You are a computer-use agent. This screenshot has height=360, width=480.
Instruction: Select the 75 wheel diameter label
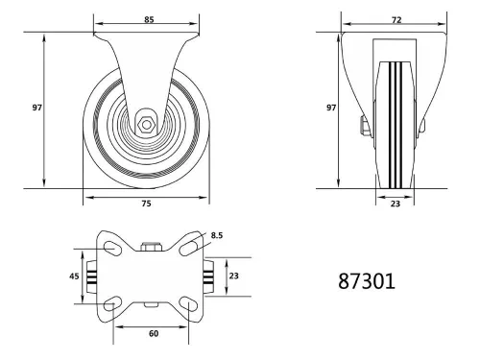tap(145, 204)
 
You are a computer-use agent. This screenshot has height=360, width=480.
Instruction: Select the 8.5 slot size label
tap(218, 233)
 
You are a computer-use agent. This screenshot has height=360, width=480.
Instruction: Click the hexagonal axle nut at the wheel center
tap(145, 123)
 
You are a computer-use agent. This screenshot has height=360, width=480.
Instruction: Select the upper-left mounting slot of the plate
tap(111, 248)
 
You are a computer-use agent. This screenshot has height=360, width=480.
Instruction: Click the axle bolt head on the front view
tap(365, 125)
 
